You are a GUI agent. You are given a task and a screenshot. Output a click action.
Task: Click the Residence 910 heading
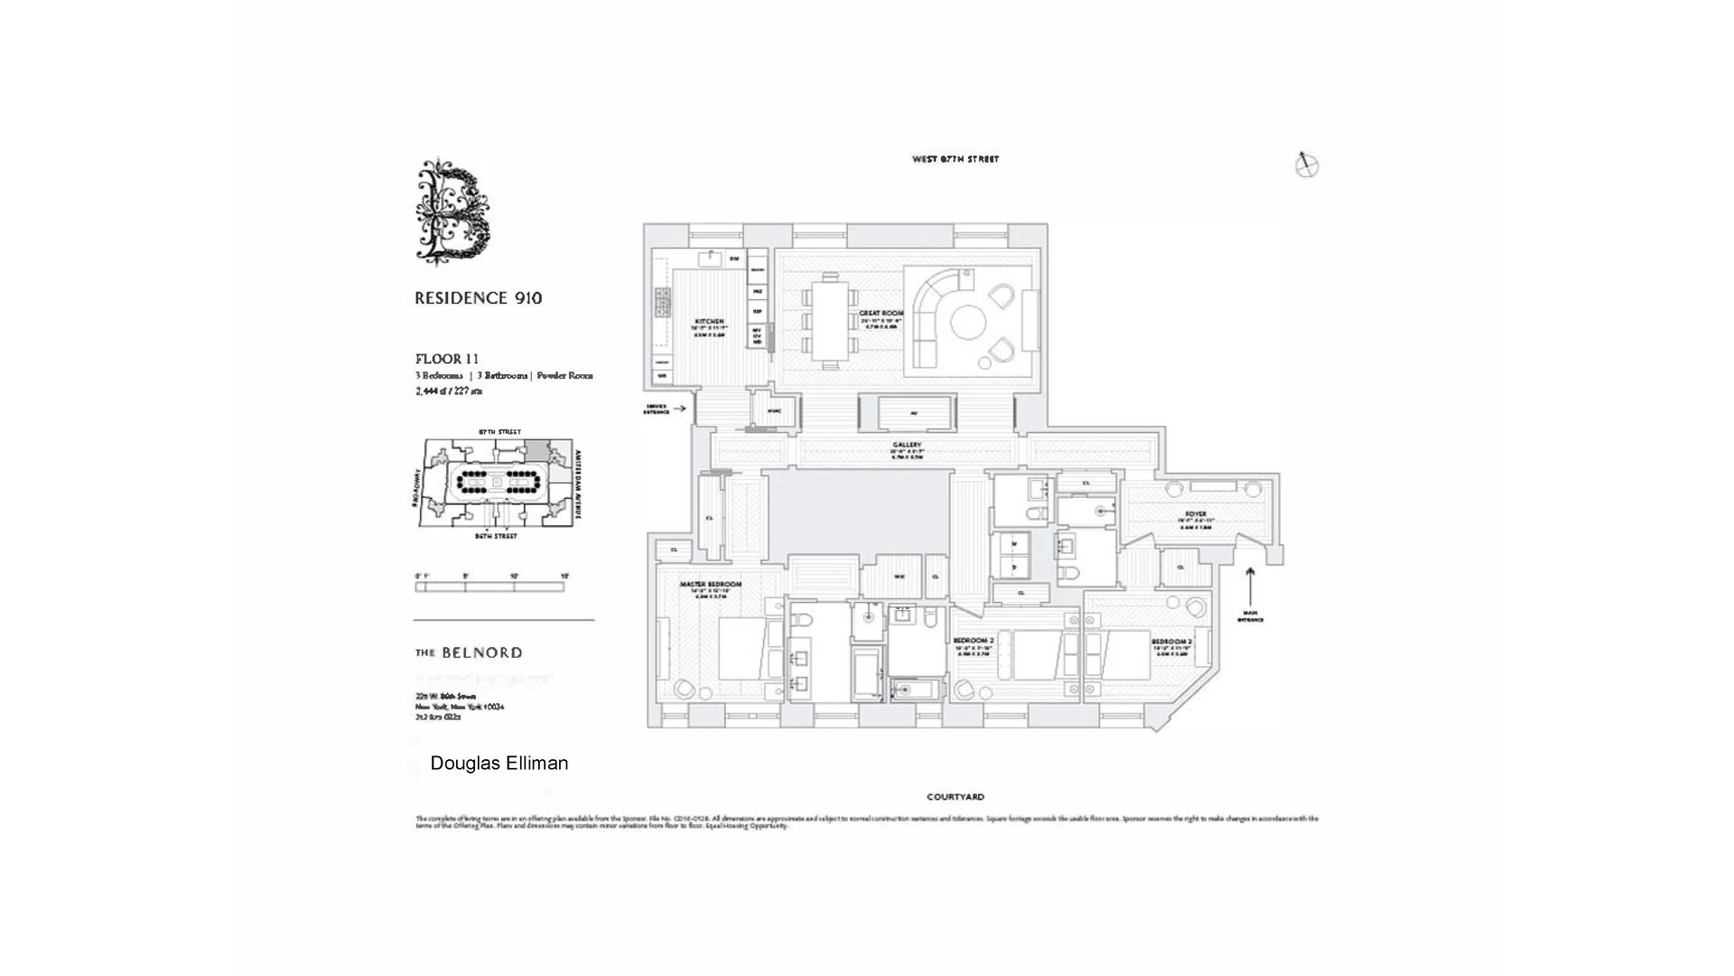tap(478, 298)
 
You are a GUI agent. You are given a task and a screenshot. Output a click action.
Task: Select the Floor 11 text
tap(446, 359)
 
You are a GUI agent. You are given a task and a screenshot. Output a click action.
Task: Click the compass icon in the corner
tap(1306, 164)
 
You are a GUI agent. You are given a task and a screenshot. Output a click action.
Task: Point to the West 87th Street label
tap(955, 159)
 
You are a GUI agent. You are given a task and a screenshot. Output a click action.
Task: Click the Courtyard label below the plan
tap(955, 797)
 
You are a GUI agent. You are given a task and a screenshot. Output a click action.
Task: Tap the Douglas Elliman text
tap(499, 763)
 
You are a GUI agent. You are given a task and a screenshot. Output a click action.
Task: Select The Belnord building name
tap(468, 652)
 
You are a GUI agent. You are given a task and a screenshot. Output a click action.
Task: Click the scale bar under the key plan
tap(489, 587)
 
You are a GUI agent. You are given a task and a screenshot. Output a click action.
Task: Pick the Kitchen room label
tap(709, 322)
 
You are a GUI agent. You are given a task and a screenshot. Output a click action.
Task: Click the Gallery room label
tap(907, 446)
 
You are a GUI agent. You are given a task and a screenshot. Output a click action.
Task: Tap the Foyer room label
tap(1195, 514)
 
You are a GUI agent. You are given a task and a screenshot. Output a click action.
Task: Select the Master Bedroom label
tap(710, 585)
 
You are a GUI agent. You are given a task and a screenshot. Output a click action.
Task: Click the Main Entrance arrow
tap(1250, 587)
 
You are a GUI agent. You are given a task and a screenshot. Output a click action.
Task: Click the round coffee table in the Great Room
tap(968, 324)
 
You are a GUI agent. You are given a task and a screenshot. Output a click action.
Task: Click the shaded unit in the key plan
tap(536, 449)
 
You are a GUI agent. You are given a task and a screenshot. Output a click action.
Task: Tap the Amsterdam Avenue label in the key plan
tap(578, 478)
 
